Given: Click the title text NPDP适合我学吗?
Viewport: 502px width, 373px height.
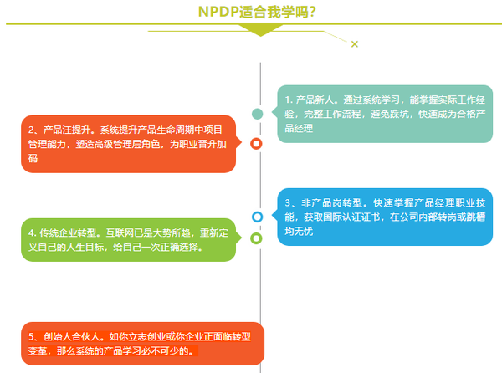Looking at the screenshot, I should (251, 12).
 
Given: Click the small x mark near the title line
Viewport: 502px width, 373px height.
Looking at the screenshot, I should (355, 43).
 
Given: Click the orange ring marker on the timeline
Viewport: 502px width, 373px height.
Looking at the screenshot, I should (257, 143).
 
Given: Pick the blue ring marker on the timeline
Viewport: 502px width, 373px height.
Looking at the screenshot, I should (257, 217).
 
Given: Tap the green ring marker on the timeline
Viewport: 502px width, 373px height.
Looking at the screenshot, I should (257, 238).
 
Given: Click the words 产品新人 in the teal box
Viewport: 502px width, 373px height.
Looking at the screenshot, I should (315, 99).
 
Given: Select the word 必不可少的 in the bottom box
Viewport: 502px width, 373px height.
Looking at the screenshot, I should (166, 351).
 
